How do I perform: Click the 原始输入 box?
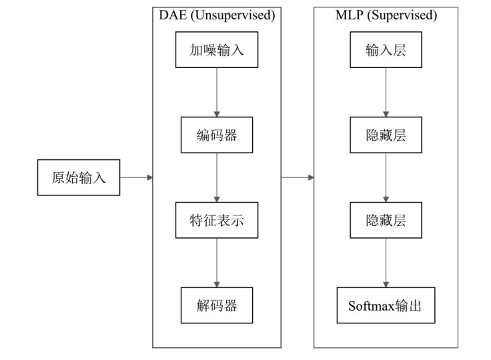[x=79, y=177]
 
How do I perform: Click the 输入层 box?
[x=386, y=50]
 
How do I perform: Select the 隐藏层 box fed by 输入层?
[x=386, y=135]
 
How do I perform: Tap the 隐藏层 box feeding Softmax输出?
[x=386, y=220]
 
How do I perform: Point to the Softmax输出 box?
[x=386, y=306]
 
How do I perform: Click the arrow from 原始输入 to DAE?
[x=136, y=177]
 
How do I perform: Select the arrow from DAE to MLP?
[x=298, y=177]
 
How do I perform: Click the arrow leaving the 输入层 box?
[x=386, y=92]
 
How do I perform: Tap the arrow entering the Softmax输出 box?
[x=386, y=263]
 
